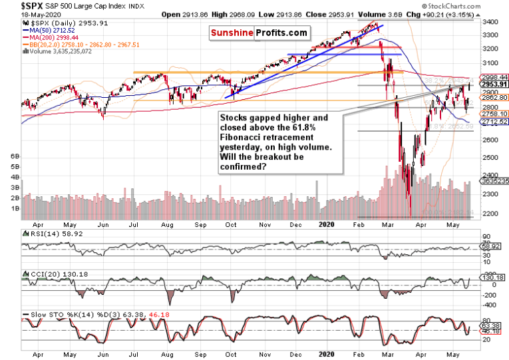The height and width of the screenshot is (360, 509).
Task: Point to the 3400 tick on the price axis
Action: pyautogui.click(x=491, y=22)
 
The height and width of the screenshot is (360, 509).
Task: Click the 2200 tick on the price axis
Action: pyautogui.click(x=491, y=214)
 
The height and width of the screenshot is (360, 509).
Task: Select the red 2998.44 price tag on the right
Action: pyautogui.click(x=491, y=78)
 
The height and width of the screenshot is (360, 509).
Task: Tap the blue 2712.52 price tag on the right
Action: pyautogui.click(x=491, y=122)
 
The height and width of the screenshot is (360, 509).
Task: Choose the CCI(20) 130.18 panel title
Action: pyautogui.click(x=47, y=275)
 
